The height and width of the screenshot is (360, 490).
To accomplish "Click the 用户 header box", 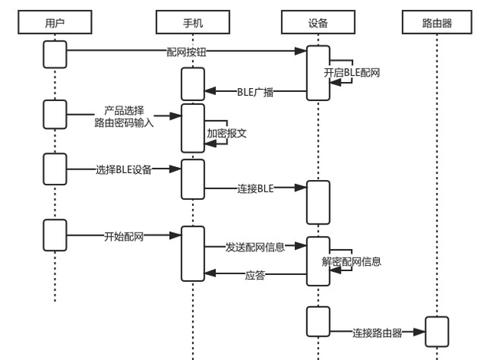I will pos(55,23).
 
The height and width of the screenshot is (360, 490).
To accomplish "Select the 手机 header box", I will pos(193,23).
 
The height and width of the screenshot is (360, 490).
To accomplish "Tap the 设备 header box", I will pos(318,23).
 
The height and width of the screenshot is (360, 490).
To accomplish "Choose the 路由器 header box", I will pos(437,23).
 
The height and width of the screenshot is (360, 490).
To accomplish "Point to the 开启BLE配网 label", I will pos(351,73).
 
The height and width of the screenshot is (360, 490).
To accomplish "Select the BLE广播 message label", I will pos(255,93).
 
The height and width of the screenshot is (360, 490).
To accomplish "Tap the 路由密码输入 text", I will pos(123,122).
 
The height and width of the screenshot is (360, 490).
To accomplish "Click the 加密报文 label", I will pos(227,133).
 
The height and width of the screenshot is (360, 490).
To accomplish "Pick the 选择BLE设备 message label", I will pos(123,169).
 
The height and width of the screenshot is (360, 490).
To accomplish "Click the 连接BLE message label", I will pos(255,188).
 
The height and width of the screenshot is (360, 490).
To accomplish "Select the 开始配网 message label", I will pos(123,236).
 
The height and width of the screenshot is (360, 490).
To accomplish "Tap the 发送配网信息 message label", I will pos(255,247).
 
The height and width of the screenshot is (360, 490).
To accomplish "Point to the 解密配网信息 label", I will pos(351,261).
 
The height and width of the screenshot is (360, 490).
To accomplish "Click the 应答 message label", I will pos(255,275).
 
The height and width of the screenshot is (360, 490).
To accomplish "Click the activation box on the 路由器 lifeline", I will pos(436,332).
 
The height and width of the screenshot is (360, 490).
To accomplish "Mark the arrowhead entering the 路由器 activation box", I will pos(420,332).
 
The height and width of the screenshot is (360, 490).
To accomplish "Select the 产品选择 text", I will pos(123,110).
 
